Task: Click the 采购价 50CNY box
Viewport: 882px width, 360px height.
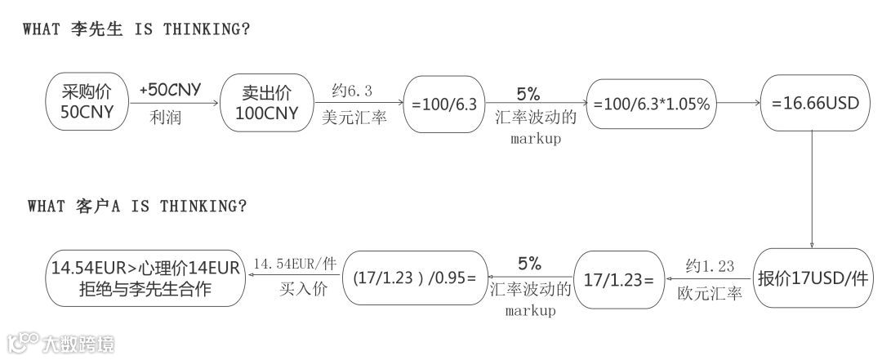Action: [x=87, y=103]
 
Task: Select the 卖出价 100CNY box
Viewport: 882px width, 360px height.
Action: [x=266, y=103]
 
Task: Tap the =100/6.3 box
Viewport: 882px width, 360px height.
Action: [x=443, y=104]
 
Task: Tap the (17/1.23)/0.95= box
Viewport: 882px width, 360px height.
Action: [x=415, y=278]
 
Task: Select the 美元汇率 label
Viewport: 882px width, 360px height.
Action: [x=353, y=118]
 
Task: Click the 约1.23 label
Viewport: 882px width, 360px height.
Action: [x=710, y=265]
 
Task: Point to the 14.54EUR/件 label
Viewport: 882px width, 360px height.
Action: [x=295, y=264]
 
